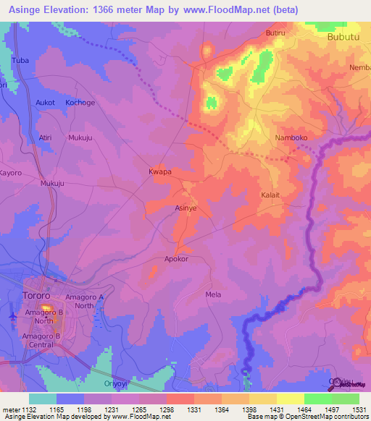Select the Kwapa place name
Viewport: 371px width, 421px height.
pyautogui.click(x=159, y=172)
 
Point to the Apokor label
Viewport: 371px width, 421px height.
pyautogui.click(x=177, y=258)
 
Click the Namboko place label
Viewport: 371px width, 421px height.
pyautogui.click(x=292, y=137)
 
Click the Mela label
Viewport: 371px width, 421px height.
pyautogui.click(x=213, y=294)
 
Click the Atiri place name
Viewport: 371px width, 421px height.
pyautogui.click(x=46, y=137)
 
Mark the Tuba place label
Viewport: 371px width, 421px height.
pyautogui.click(x=20, y=60)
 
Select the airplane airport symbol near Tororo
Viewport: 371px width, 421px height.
pyautogui.click(x=12, y=316)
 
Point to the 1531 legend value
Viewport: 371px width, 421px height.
pyautogui.click(x=359, y=410)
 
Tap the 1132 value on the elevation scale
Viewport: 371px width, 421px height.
pyautogui.click(x=29, y=410)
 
